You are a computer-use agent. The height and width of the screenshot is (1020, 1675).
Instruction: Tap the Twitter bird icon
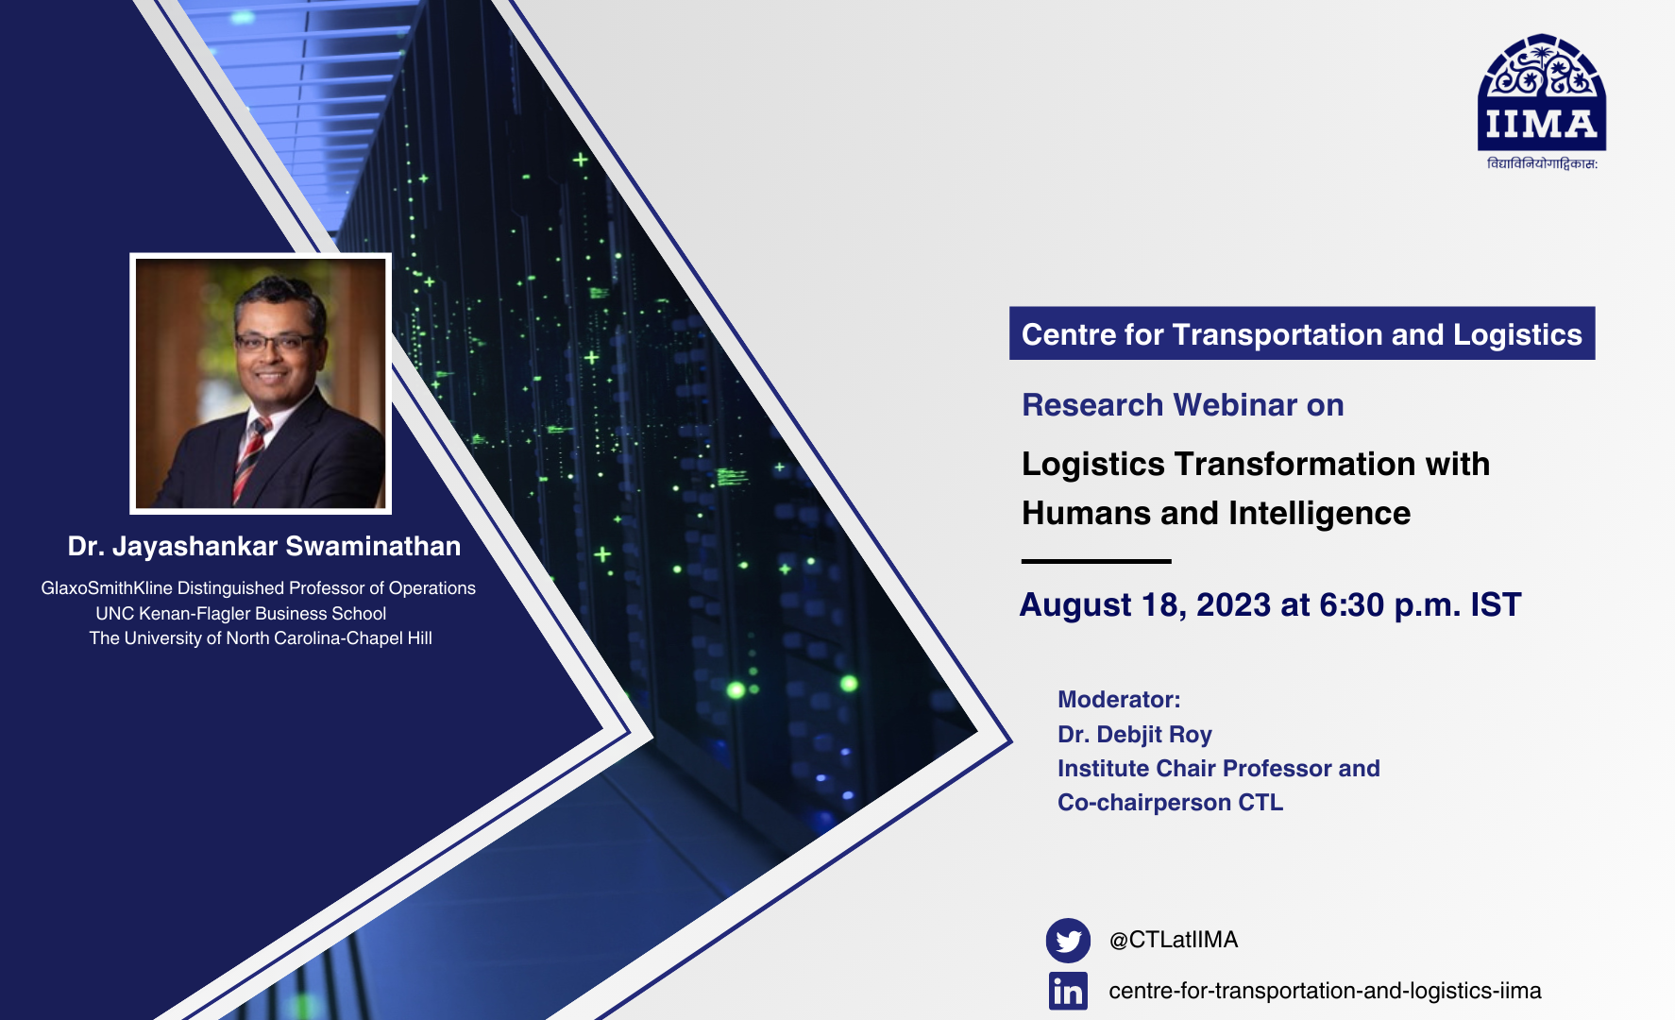click(x=1068, y=941)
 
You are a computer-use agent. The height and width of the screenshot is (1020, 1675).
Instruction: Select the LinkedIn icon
click(x=1068, y=991)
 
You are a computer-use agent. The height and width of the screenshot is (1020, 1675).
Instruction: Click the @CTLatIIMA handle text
click(x=1173, y=940)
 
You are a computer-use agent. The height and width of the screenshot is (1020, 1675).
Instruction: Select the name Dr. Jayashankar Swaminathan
click(x=264, y=547)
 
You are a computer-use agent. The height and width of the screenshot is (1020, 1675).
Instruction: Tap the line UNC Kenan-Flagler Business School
click(x=241, y=614)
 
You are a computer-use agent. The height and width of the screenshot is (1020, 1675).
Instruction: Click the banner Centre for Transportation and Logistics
click(x=1301, y=334)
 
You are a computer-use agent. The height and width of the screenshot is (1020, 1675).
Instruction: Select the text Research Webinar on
click(x=1182, y=405)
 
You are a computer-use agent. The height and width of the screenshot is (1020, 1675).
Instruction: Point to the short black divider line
click(x=1095, y=561)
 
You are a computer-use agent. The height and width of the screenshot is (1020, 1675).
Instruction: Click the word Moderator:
click(x=1118, y=700)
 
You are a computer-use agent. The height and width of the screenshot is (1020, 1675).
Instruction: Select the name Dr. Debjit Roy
click(x=1134, y=735)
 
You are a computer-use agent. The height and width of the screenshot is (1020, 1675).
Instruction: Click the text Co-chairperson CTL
click(x=1170, y=803)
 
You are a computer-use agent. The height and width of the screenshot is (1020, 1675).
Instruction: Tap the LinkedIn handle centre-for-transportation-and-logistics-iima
click(x=1324, y=991)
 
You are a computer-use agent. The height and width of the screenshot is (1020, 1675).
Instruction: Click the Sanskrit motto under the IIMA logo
click(x=1541, y=164)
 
